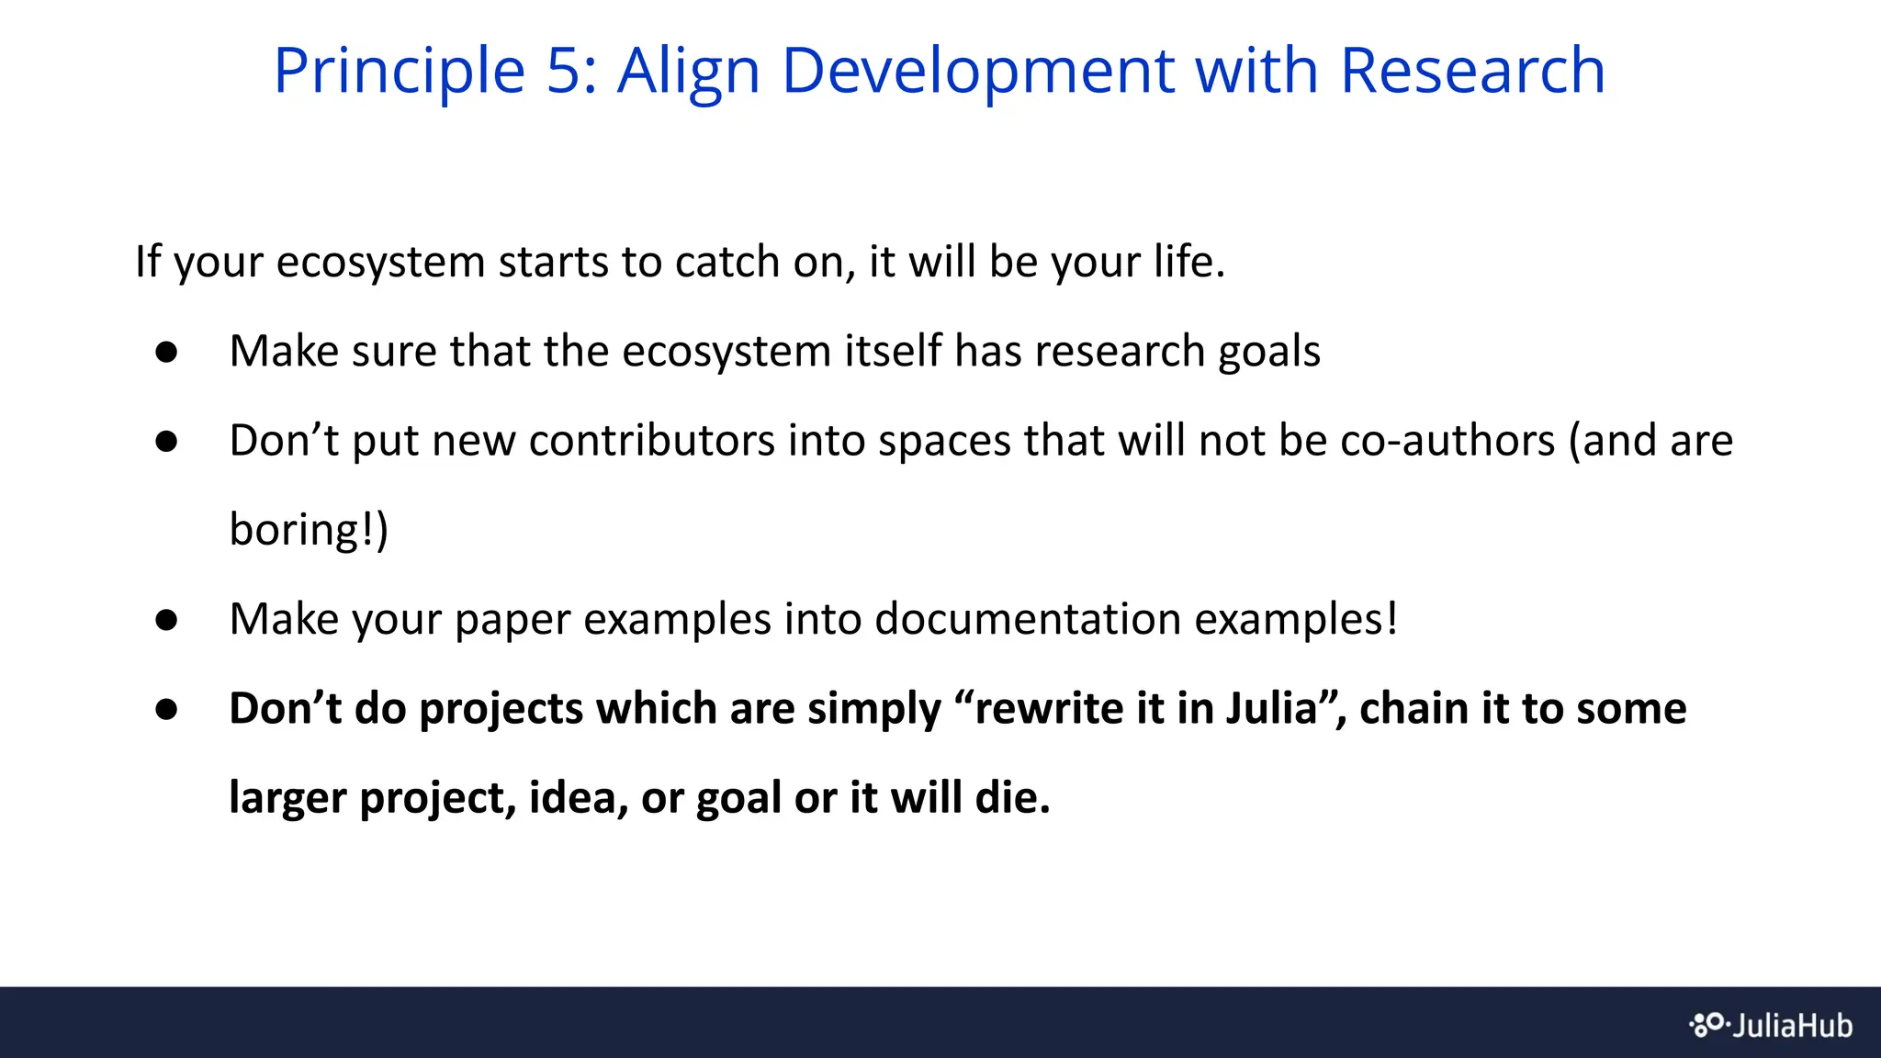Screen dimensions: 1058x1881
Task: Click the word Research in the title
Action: tap(1472, 71)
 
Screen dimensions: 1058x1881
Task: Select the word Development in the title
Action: tap(977, 71)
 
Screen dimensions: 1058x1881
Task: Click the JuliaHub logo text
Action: tap(1792, 1025)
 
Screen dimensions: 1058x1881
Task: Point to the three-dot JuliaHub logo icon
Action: tap(1708, 1024)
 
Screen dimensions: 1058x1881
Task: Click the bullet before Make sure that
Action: tap(166, 353)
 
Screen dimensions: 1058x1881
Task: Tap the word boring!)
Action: tap(309, 531)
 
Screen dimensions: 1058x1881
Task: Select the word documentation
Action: tap(1027, 619)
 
